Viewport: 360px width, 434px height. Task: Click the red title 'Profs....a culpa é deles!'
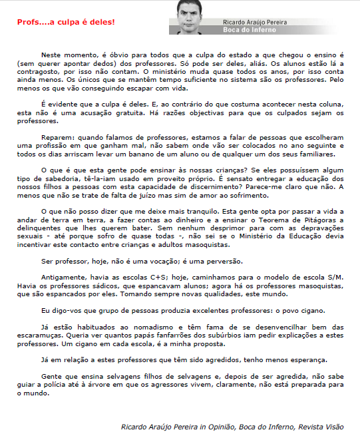pos(66,22)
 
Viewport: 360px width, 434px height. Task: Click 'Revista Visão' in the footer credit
pos(323,426)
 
